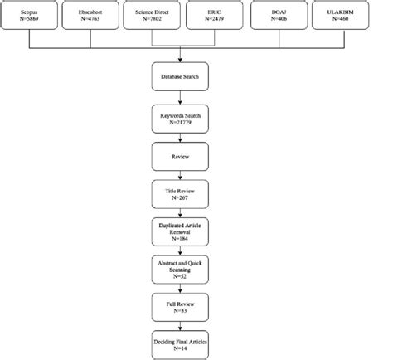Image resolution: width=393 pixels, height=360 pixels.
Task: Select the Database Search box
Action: [179, 79]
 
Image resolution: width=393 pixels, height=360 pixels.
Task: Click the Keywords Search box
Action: [179, 115]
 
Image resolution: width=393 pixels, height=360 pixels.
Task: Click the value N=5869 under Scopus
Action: [31, 23]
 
